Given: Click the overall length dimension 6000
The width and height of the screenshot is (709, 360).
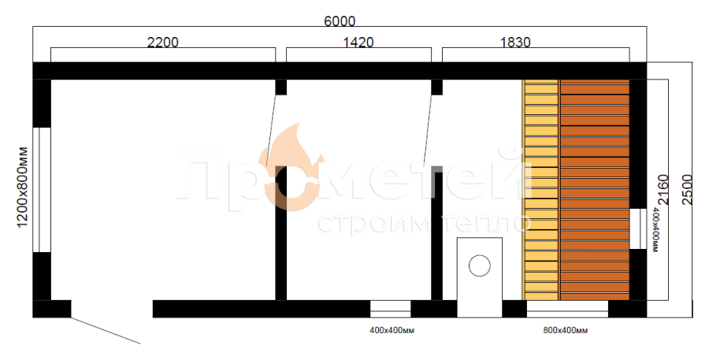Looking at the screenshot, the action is [x=340, y=21].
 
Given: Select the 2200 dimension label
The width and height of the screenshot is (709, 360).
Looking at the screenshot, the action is [x=163, y=42].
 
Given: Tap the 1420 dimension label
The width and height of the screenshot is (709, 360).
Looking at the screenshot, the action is [x=358, y=42].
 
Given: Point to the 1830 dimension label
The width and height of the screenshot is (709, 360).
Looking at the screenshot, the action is [x=515, y=42].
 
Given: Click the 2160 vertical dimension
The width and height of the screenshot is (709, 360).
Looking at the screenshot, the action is [x=663, y=189].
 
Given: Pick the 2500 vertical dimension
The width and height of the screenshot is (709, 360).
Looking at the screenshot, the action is [x=687, y=189].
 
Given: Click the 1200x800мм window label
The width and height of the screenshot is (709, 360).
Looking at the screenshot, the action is [x=22, y=187].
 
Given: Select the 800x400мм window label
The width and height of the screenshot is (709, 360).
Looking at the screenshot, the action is [x=565, y=331].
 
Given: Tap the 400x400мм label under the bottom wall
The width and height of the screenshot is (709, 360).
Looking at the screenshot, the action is [x=392, y=331].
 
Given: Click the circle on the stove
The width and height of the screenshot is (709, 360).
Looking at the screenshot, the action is [x=479, y=265].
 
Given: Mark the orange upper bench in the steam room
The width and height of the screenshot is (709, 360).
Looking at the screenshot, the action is [x=595, y=190].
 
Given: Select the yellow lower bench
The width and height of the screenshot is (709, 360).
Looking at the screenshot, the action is [x=540, y=190].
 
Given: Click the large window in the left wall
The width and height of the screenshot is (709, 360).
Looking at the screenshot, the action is [x=42, y=190].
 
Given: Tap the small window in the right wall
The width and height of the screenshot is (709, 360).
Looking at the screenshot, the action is [x=638, y=229].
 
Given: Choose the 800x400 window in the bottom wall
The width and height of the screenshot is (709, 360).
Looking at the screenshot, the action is [x=567, y=309].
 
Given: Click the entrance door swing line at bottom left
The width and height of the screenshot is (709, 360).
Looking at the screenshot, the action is [x=106, y=331].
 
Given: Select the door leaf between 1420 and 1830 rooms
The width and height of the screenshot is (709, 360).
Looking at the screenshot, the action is [x=428, y=129].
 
